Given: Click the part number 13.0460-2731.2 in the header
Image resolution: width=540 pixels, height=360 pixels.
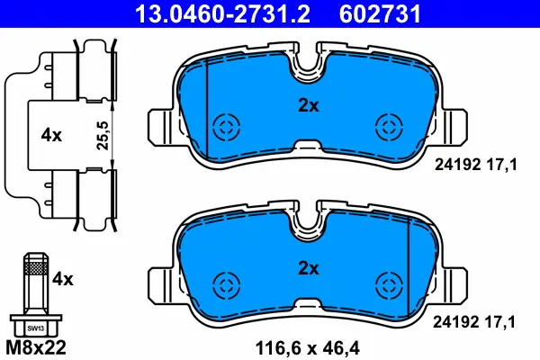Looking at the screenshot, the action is (x=222, y=14).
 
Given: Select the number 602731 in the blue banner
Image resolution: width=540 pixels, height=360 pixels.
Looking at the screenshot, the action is (x=380, y=14).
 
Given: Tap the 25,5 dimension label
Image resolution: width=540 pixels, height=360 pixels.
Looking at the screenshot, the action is (x=103, y=135).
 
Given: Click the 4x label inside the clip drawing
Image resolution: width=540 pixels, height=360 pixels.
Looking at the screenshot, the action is (x=51, y=135).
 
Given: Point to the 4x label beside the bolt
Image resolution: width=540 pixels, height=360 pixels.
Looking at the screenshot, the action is (x=63, y=279).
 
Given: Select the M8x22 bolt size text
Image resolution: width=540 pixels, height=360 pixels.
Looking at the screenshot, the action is (x=36, y=348).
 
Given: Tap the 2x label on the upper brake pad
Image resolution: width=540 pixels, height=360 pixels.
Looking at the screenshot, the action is (x=309, y=106).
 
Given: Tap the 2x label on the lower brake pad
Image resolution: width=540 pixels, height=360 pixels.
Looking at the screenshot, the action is (x=309, y=268).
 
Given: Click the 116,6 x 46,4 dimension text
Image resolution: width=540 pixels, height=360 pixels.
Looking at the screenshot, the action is (x=307, y=348).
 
